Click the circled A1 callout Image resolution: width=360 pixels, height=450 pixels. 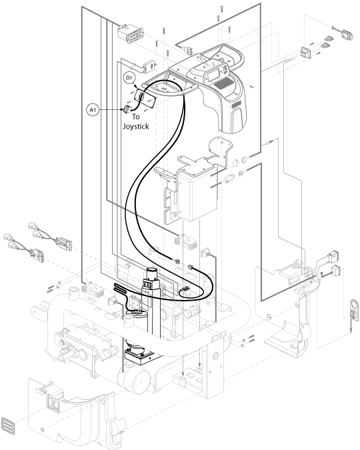click(x=93, y=110)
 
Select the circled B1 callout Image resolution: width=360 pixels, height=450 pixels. click(x=129, y=78)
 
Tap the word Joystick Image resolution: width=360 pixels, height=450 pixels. click(x=136, y=127)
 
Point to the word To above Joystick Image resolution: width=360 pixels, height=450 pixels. click(x=136, y=117)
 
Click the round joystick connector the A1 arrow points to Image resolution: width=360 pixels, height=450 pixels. click(x=127, y=109)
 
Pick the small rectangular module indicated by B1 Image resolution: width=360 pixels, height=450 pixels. click(x=145, y=98)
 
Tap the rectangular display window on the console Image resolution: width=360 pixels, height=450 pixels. click(x=213, y=76)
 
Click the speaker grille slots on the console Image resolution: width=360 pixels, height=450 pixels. click(x=223, y=84)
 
